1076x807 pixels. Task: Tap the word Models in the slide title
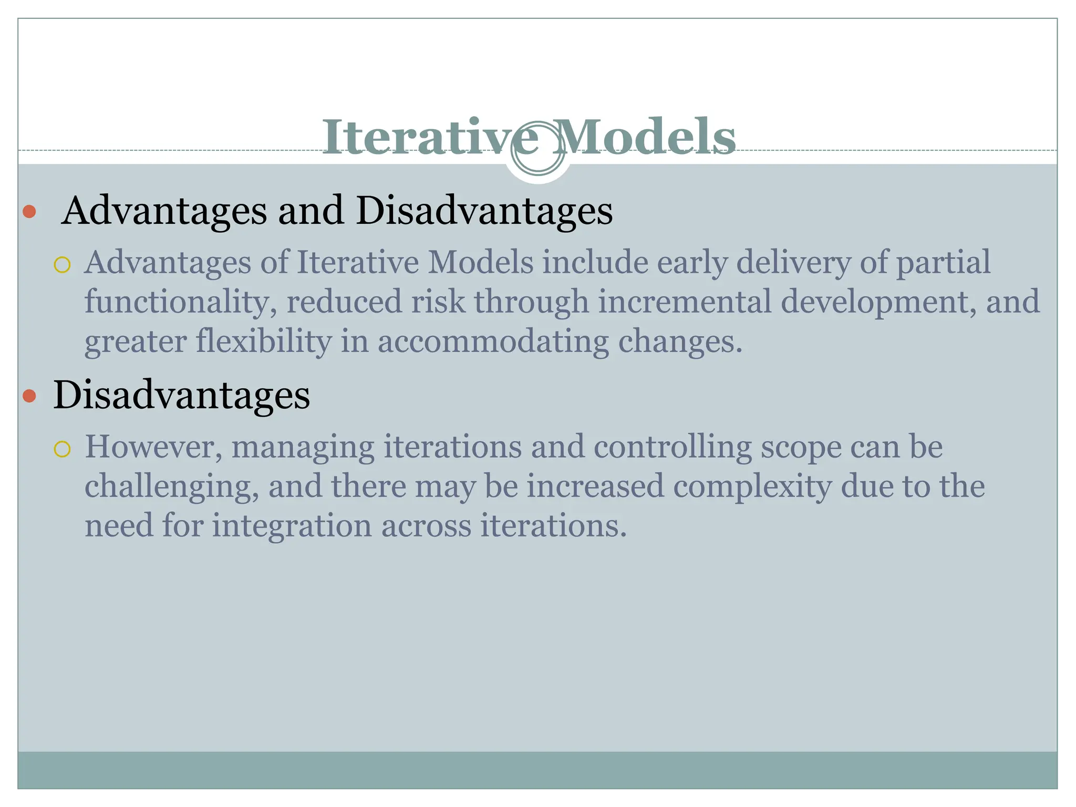click(x=644, y=138)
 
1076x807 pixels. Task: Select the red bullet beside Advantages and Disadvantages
click(x=30, y=212)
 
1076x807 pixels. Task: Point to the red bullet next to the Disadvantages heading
click(x=30, y=396)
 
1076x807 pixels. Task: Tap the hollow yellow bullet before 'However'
click(x=62, y=449)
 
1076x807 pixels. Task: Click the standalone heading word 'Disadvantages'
click(x=182, y=395)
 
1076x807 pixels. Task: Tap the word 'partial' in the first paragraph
click(x=943, y=262)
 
